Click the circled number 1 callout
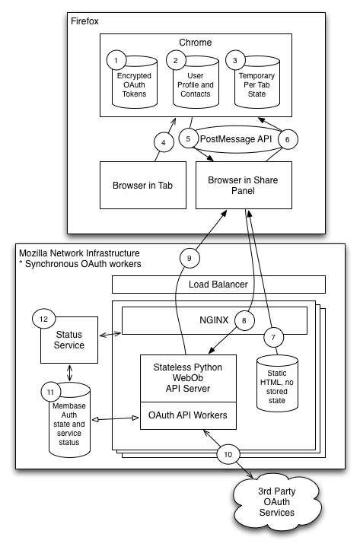(116, 60)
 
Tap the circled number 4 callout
(164, 142)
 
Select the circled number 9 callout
(190, 258)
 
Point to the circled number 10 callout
(228, 455)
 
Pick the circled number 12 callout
(43, 319)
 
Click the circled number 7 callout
(273, 338)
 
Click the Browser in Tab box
(143, 185)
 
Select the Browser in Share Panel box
(244, 185)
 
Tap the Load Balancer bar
(218, 285)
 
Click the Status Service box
(69, 340)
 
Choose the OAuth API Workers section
(188, 415)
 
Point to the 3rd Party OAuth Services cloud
(277, 501)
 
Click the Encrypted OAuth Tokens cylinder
(135, 83)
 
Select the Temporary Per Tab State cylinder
(256, 83)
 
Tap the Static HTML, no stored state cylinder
(277, 383)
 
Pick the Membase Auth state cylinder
(69, 420)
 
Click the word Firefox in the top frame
(84, 21)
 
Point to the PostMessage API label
(236, 139)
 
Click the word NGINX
(214, 320)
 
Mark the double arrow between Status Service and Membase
(69, 373)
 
